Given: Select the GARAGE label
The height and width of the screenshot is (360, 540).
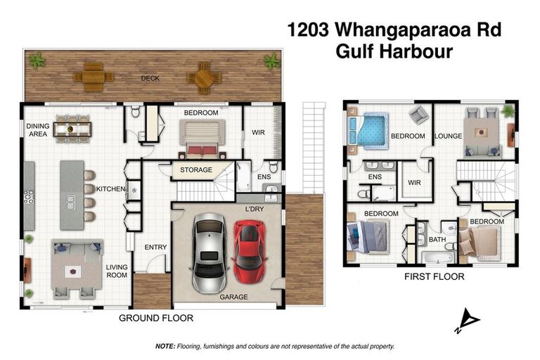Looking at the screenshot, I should (233, 297).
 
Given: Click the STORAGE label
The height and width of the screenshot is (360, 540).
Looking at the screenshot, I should (195, 169).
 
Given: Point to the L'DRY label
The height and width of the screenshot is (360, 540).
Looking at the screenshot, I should (255, 210).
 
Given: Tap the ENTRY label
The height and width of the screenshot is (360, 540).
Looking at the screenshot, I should (155, 247).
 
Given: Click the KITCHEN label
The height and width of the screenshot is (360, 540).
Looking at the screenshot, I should (110, 190).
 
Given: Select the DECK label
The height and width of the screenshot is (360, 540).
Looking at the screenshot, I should (149, 78).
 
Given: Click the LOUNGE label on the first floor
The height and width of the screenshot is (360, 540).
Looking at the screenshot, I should (447, 136).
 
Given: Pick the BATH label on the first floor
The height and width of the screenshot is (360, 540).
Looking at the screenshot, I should (437, 240).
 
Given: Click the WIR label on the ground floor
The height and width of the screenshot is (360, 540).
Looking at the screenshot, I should (258, 132).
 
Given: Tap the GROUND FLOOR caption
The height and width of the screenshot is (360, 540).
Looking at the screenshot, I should (155, 319).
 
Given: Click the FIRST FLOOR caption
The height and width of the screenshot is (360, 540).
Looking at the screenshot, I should (434, 277).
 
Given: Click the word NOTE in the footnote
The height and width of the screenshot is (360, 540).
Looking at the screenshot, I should (165, 347).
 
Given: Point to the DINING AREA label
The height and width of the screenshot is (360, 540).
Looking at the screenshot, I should (37, 129).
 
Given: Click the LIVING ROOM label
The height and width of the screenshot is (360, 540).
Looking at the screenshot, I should (117, 271).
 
